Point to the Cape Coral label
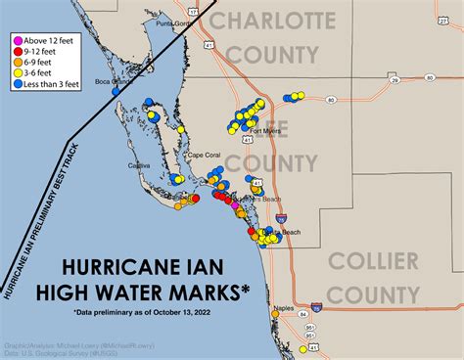(x=206, y=156)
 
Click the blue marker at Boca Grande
(x=116, y=90)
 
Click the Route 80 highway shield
(x=333, y=100)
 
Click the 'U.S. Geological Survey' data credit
(x=77, y=353)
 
